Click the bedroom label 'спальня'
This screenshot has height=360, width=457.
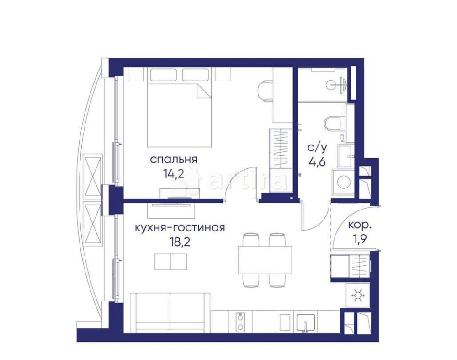(173, 160)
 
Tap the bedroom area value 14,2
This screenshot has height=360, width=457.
(173, 175)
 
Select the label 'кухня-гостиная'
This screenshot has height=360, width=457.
(179, 227)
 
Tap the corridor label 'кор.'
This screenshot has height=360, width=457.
(360, 225)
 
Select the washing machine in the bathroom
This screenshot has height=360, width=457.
(342, 181)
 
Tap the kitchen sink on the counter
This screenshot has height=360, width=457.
(303, 322)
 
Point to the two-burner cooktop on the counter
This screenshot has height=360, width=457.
(239, 322)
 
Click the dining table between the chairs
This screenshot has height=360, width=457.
(265, 259)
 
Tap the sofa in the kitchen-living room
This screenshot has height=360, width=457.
(170, 313)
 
